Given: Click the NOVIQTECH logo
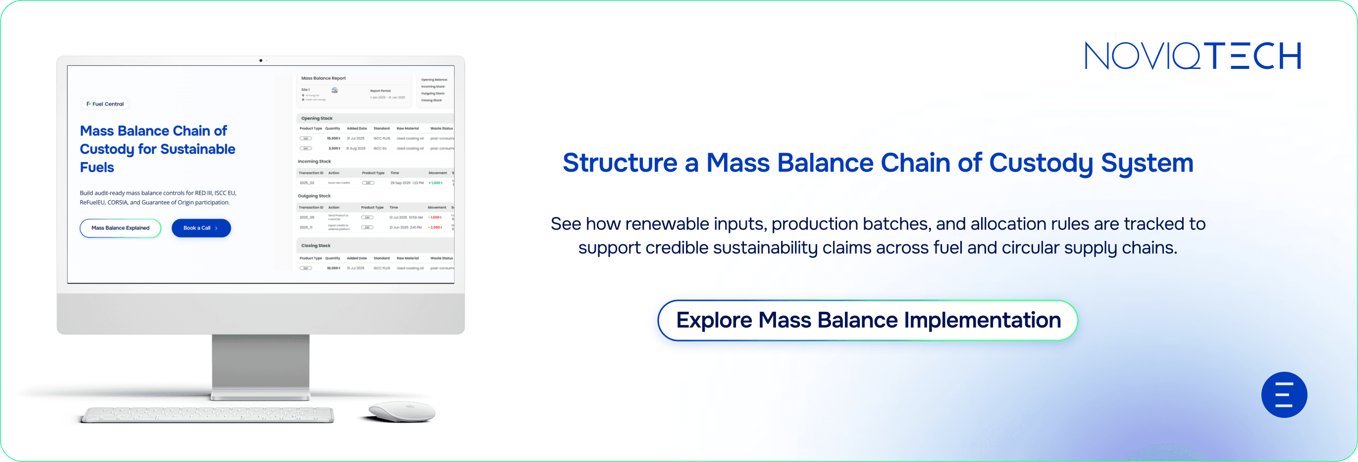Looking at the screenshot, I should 1193,56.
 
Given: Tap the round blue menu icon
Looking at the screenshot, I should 1284,395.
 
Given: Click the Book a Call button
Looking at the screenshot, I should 201,228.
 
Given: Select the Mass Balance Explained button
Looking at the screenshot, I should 120,228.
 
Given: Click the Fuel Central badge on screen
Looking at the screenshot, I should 105,104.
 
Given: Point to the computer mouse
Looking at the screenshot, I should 402,411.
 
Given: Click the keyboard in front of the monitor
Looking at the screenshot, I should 208,414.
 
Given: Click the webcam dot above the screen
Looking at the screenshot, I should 261,60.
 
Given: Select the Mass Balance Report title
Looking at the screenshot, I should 323,78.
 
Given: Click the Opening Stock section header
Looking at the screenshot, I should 317,118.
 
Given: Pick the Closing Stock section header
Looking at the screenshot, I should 316,245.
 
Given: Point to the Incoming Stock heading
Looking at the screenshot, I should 314,162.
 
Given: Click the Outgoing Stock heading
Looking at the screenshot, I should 314,196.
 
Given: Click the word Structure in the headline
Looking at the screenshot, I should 620,163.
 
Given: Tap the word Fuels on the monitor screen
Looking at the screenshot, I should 97,167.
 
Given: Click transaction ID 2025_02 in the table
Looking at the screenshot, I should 307,183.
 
